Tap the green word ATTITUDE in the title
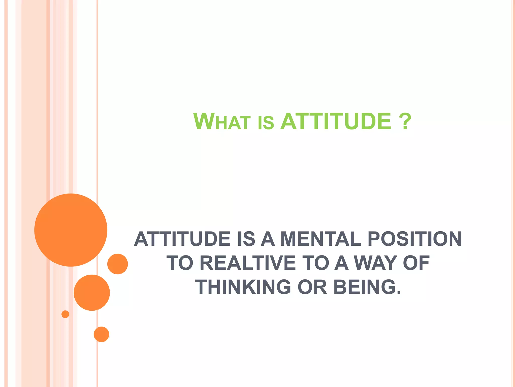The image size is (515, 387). click(x=336, y=122)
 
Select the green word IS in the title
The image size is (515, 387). click(x=266, y=123)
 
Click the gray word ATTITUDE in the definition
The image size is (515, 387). click(x=182, y=239)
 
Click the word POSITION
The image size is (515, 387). click(x=414, y=239)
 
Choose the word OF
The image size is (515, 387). click(x=416, y=263)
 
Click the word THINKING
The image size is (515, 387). click(x=243, y=287)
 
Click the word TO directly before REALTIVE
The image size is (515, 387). click(x=180, y=263)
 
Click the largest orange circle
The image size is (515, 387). click(x=71, y=230)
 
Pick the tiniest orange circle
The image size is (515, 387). click(x=65, y=314)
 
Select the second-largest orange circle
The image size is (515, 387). click(x=92, y=293)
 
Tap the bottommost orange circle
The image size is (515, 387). click(x=101, y=334)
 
